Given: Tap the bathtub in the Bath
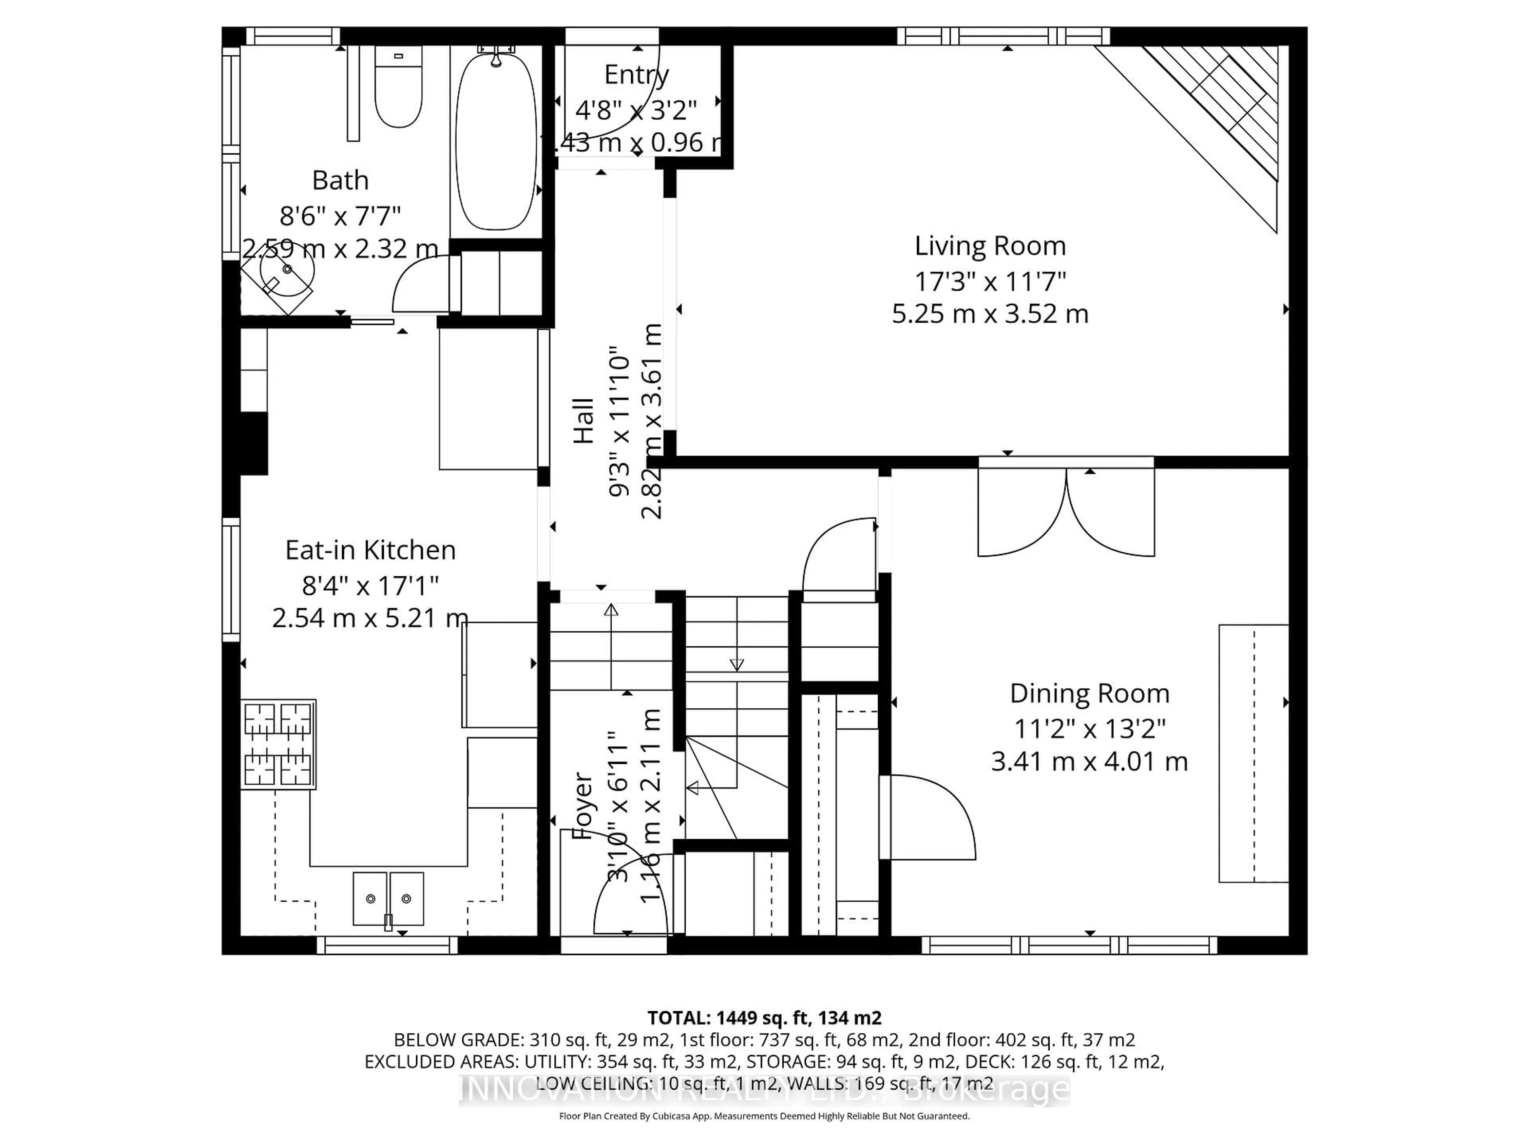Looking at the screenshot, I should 496,142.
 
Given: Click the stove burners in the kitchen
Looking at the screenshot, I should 278,744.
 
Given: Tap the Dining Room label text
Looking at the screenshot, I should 1089,693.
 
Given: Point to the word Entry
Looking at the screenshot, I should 636,74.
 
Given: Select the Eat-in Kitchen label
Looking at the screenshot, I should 370,550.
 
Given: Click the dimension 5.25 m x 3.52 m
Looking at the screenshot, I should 990,314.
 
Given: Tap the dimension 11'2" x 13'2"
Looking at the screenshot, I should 1089,728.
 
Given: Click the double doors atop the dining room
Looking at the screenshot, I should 1066,512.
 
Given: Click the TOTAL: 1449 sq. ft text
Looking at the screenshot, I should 764,1018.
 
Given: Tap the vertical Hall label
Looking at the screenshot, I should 584,420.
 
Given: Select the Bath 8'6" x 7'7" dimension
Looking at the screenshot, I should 340,216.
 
